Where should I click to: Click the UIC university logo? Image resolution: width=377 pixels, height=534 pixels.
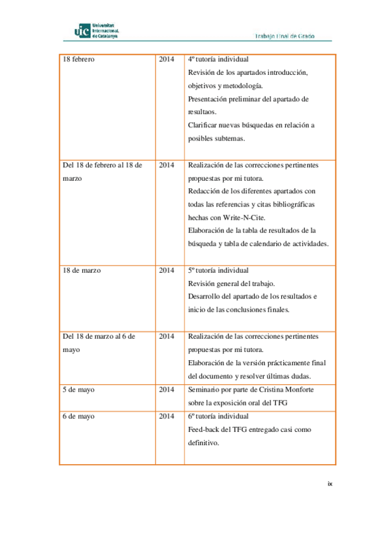pyautogui.click(x=97, y=30)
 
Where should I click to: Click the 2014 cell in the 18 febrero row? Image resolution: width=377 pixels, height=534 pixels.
pyautogui.click(x=167, y=59)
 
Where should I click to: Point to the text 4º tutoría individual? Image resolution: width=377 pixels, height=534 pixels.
pyautogui.click(x=218, y=59)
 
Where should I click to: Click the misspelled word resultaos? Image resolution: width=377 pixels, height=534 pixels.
pyautogui.click(x=203, y=112)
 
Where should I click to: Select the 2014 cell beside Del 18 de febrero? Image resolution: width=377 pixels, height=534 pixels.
pyautogui.click(x=167, y=165)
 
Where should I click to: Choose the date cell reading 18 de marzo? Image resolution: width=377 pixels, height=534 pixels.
pyautogui.click(x=82, y=270)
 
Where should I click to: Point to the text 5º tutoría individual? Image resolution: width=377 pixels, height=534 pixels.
pyautogui.click(x=218, y=270)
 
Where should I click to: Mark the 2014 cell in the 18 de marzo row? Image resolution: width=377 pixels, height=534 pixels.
pyautogui.click(x=167, y=270)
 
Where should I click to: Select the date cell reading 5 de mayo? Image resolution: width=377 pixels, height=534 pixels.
pyautogui.click(x=79, y=390)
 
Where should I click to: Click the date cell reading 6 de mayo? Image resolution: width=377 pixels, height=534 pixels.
pyautogui.click(x=79, y=416)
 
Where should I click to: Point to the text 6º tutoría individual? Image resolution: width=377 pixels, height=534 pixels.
pyautogui.click(x=218, y=416)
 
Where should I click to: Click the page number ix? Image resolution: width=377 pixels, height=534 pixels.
pyautogui.click(x=329, y=484)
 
